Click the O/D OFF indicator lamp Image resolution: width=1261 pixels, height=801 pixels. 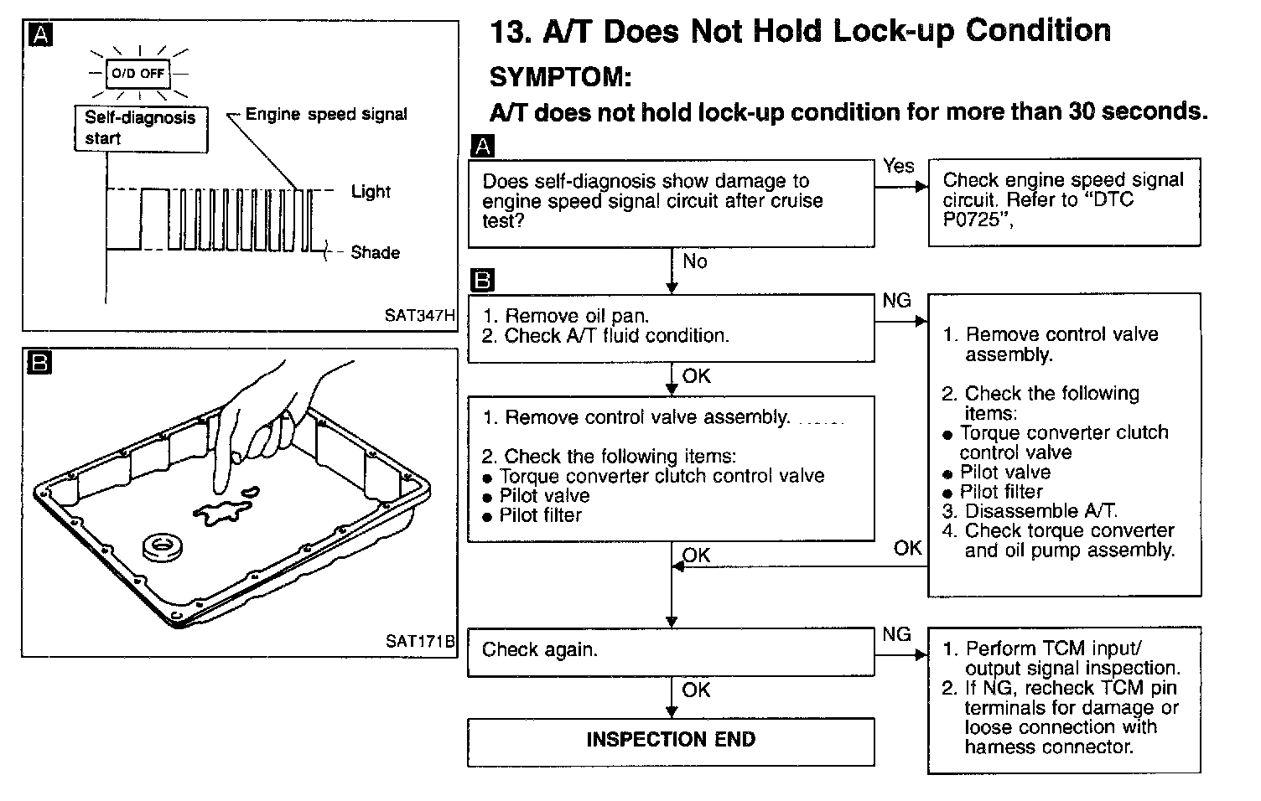[x=139, y=73]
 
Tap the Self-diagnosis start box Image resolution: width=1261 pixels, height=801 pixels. [x=140, y=128]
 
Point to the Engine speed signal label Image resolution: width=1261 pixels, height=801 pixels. [x=326, y=114]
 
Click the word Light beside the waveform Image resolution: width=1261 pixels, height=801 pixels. [x=371, y=191]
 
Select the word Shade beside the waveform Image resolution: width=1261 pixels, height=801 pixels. [x=375, y=252]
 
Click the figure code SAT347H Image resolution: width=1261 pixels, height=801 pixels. [x=419, y=316]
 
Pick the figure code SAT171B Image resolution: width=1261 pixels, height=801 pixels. [x=419, y=641]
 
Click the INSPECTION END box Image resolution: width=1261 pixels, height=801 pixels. [x=671, y=740]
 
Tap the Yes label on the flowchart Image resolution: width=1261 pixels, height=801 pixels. [x=898, y=166]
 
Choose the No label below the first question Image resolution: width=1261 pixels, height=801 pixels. [x=695, y=261]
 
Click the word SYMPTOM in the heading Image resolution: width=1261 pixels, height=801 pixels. [x=559, y=77]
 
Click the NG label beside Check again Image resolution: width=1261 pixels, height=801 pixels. [x=896, y=634]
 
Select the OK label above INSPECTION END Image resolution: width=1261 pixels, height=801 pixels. [x=696, y=690]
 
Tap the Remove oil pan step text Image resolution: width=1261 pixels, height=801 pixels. [x=577, y=316]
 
